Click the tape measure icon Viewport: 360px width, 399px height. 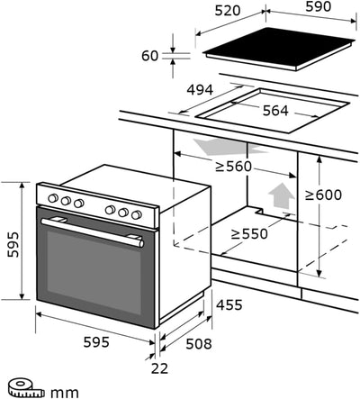point(21,389)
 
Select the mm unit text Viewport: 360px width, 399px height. point(62,391)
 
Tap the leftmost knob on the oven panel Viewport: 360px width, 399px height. point(52,199)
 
